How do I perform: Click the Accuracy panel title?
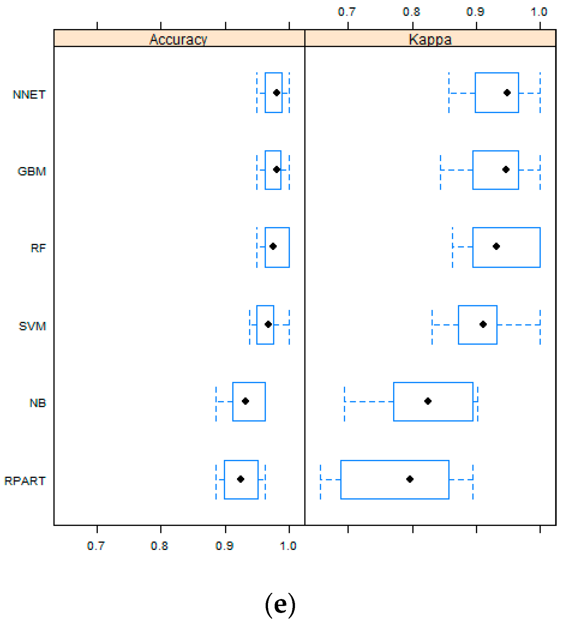[x=178, y=39]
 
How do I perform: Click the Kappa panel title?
[x=430, y=39]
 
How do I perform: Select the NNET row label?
[x=29, y=95]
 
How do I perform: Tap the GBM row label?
[x=32, y=171]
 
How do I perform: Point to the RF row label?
[x=38, y=248]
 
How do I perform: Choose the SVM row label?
[x=32, y=326]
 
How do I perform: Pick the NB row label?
[x=37, y=403]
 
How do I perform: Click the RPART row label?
[x=25, y=481]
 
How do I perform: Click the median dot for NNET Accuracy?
[x=276, y=93]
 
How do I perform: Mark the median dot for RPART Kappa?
[x=410, y=479]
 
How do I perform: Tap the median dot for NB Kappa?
[x=428, y=401]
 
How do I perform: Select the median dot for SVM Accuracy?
[x=268, y=324]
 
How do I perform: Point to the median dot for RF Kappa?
[x=496, y=246]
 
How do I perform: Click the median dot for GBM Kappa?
[x=506, y=170]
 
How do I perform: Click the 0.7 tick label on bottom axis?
[x=96, y=546]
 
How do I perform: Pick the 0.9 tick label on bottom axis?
[x=224, y=546]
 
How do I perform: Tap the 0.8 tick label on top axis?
[x=411, y=12]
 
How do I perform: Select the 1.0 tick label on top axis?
[x=539, y=12]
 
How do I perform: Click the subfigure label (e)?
[x=280, y=604]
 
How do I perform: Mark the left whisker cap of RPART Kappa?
[x=320, y=482]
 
